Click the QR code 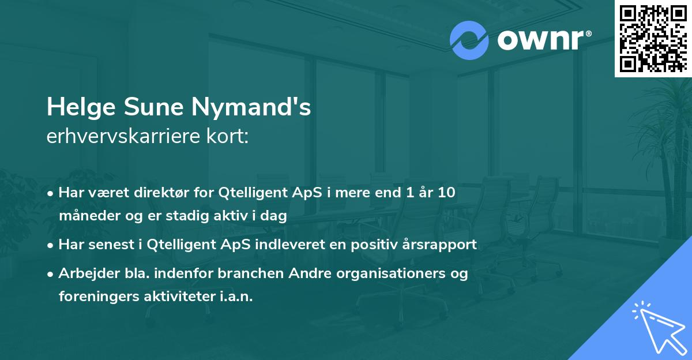click(x=653, y=38)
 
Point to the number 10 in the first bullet click(x=446, y=193)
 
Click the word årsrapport click(x=442, y=245)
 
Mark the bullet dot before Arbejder click(x=52, y=275)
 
